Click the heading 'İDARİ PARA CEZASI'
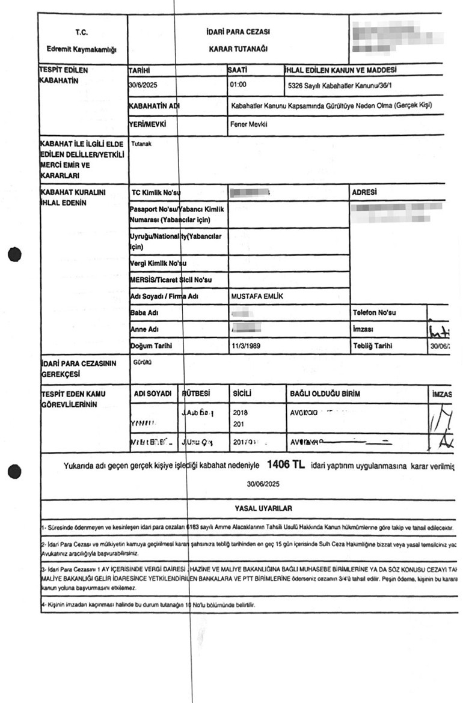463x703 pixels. click(x=238, y=31)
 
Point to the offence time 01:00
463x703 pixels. click(x=239, y=85)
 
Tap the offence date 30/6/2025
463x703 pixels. click(x=147, y=85)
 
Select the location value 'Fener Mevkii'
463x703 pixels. click(x=249, y=126)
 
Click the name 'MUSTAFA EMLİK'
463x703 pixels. click(x=256, y=297)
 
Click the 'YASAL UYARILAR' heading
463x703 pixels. click(x=263, y=508)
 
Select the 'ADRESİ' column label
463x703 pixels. click(x=364, y=192)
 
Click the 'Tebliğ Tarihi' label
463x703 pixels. click(x=372, y=347)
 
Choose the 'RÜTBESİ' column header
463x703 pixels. click(x=196, y=394)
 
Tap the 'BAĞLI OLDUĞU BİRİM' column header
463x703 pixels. click(x=325, y=394)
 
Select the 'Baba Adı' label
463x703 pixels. click(x=144, y=313)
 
